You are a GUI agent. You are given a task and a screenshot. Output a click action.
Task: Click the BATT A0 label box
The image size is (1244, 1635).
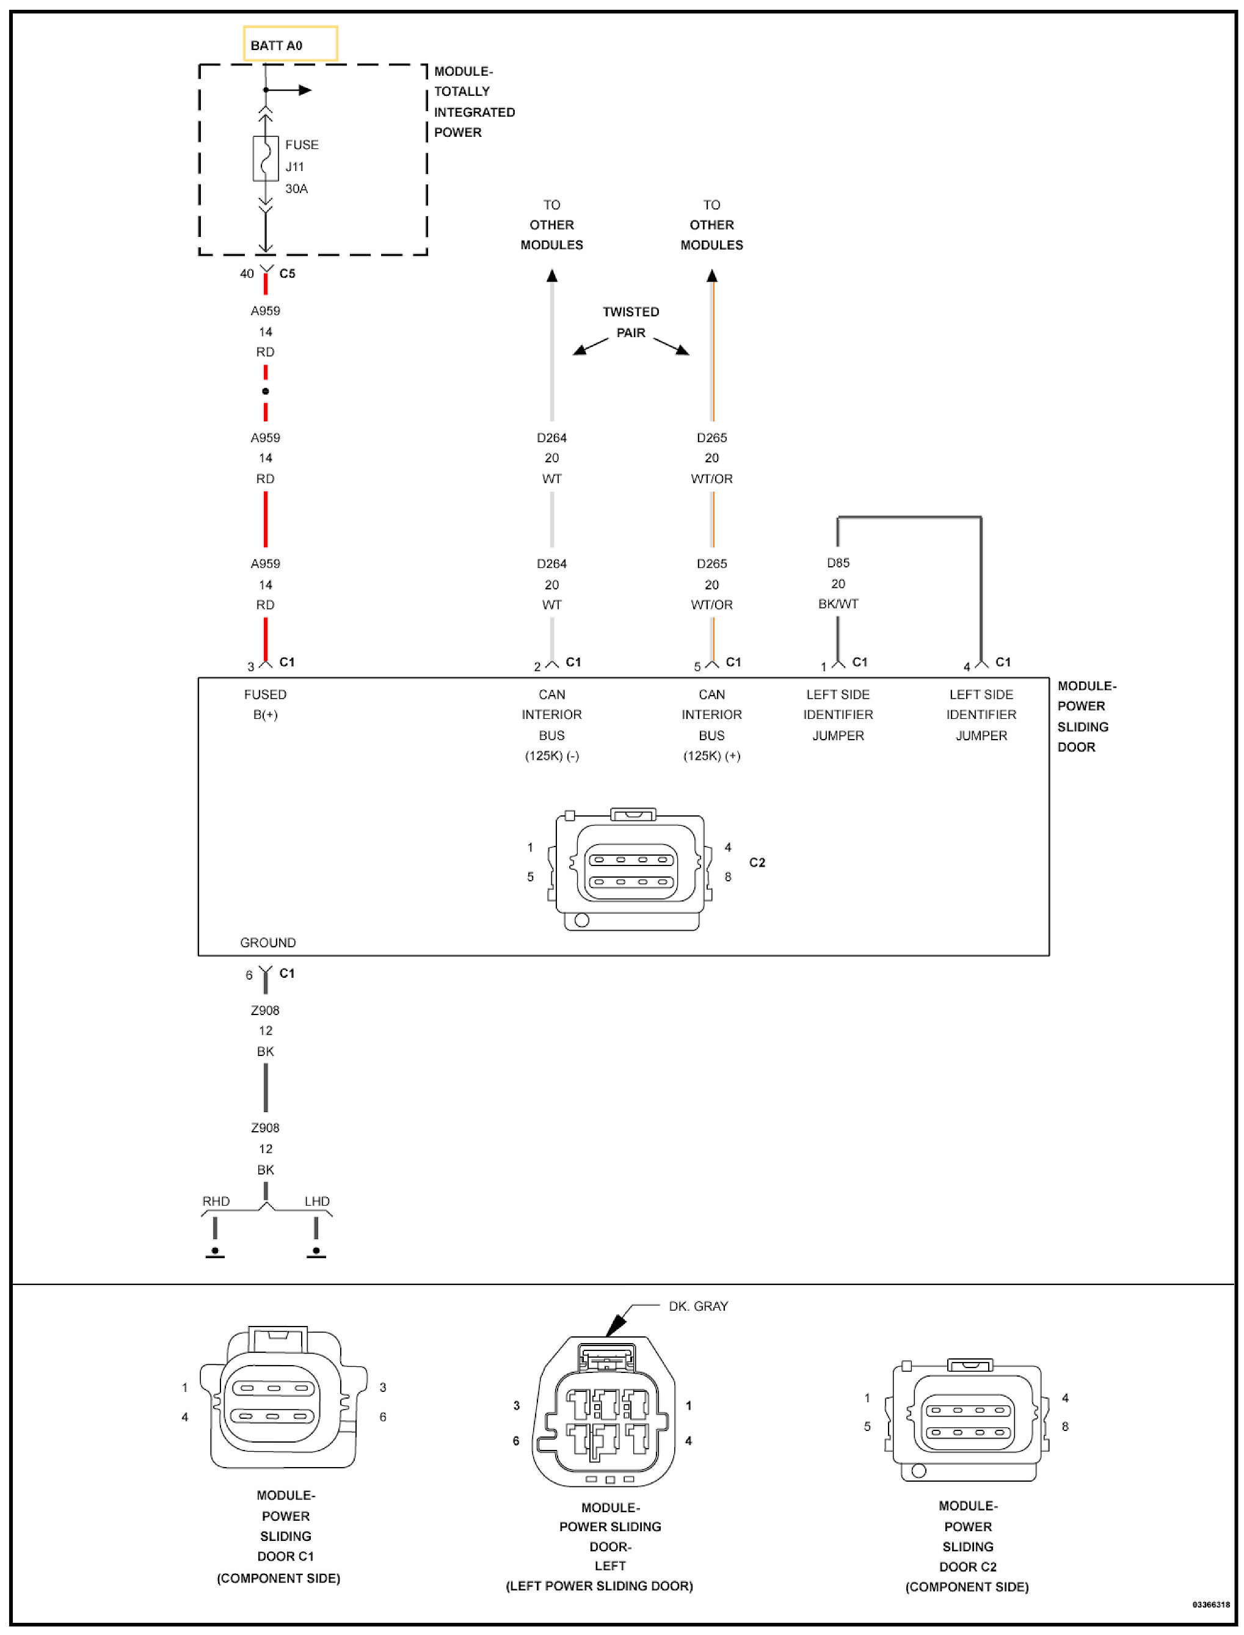pyautogui.click(x=289, y=45)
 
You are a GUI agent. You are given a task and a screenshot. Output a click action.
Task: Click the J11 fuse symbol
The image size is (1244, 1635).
pyautogui.click(x=265, y=158)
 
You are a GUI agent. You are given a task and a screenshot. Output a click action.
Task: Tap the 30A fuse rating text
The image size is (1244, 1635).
pyautogui.click(x=296, y=189)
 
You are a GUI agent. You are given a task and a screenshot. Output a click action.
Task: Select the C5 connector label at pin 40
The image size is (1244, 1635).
pyautogui.click(x=287, y=273)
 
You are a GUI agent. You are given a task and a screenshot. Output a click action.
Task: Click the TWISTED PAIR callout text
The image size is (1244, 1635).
pyautogui.click(x=630, y=322)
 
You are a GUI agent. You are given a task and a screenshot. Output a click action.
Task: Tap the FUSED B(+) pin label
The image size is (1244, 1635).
pyautogui.click(x=265, y=704)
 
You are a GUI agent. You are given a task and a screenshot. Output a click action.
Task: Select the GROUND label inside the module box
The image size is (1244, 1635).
pyautogui.click(x=267, y=942)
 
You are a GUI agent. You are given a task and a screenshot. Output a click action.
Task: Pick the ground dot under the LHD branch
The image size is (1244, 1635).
pyautogui.click(x=316, y=1251)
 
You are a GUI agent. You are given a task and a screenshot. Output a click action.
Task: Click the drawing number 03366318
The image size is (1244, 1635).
pyautogui.click(x=1210, y=1604)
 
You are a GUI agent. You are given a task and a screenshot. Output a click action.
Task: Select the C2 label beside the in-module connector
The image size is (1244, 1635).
pyautogui.click(x=757, y=862)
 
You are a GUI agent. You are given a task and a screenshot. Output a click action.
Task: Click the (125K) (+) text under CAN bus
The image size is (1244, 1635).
pyautogui.click(x=711, y=756)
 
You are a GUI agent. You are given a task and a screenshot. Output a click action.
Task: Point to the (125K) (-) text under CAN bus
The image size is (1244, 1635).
pyautogui.click(x=551, y=756)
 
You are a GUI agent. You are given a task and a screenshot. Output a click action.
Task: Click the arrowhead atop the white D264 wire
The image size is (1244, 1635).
pyautogui.click(x=551, y=276)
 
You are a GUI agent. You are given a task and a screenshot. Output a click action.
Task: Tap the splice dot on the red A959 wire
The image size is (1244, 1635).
pyautogui.click(x=265, y=391)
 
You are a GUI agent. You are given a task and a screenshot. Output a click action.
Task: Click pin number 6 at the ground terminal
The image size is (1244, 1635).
pyautogui.click(x=249, y=975)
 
